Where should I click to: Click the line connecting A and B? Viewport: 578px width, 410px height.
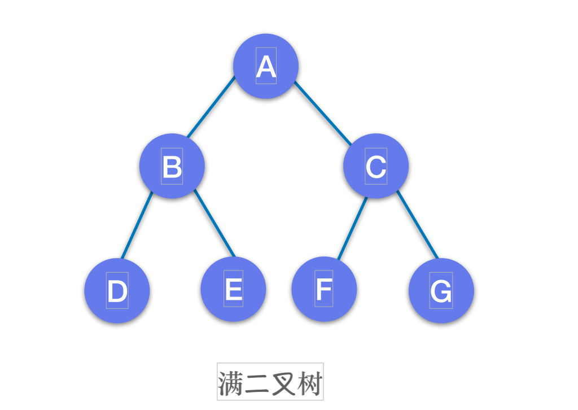click(x=211, y=107)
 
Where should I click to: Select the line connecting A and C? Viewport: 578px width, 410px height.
click(x=323, y=112)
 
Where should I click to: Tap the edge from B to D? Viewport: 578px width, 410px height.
click(x=136, y=226)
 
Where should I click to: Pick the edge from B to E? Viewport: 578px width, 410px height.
click(x=214, y=224)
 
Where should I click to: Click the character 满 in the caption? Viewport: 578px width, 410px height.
click(x=231, y=383)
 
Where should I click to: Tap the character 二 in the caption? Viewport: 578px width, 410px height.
click(x=257, y=383)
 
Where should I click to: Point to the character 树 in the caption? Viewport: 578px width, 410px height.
click(x=309, y=383)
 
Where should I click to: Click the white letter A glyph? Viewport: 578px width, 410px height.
click(x=266, y=67)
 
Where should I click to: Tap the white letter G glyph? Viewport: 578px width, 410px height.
click(x=441, y=291)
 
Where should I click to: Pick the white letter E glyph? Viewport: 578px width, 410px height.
click(x=234, y=290)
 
